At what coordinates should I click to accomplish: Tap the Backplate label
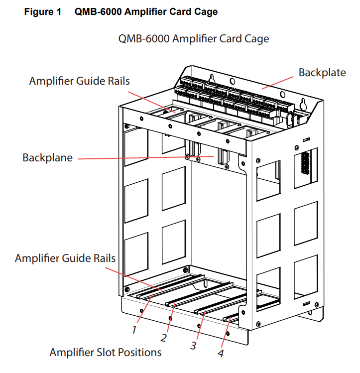click(x=322, y=73)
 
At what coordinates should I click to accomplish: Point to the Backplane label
click(x=47, y=158)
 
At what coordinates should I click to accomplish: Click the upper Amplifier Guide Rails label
click(x=79, y=81)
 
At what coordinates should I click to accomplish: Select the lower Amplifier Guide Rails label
click(x=65, y=258)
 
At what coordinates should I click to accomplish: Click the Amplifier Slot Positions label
click(x=106, y=352)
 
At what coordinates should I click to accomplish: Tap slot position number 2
click(x=163, y=337)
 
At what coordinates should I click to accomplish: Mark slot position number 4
click(x=221, y=354)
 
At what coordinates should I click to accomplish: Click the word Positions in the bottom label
click(x=140, y=352)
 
